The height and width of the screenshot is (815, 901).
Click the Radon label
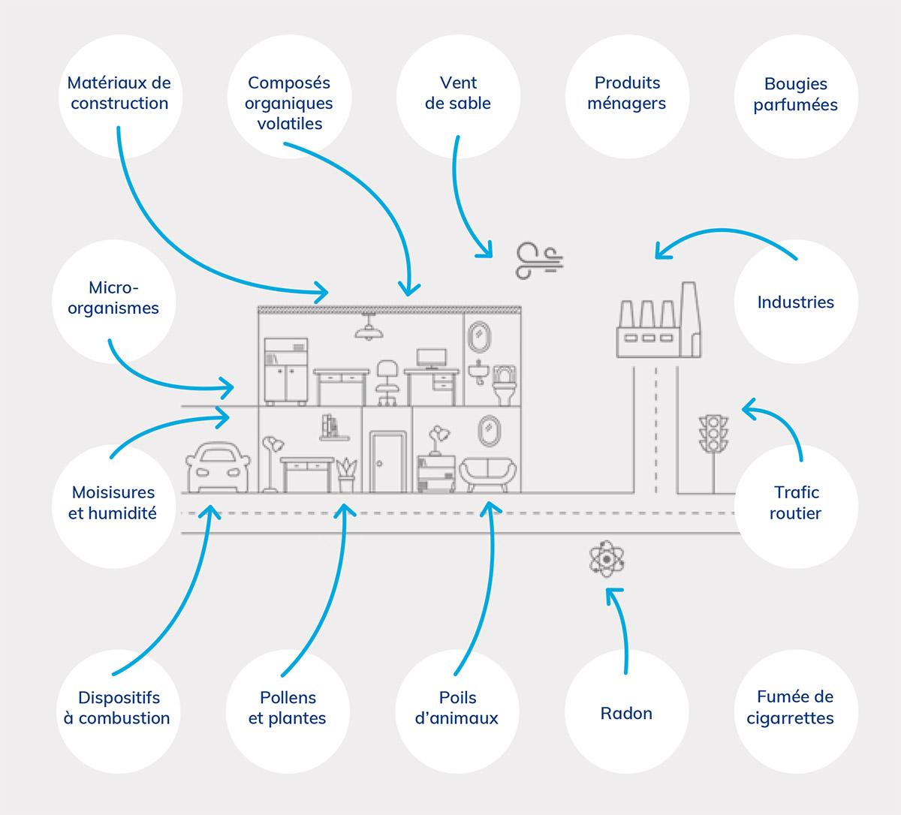click(626, 713)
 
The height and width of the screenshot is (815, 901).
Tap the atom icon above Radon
click(607, 559)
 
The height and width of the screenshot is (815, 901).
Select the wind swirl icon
click(538, 260)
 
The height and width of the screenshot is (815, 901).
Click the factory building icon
click(658, 323)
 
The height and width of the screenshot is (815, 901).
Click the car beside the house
click(218, 468)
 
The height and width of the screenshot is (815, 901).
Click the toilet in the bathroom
click(505, 384)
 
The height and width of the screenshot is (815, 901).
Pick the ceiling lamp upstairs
click(368, 328)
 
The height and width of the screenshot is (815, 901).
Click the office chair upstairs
click(387, 381)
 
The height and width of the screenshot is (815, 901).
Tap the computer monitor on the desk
click(432, 358)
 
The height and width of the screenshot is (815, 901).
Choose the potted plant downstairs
click(346, 474)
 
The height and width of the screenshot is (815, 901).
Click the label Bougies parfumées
click(795, 95)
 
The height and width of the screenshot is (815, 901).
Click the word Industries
click(795, 302)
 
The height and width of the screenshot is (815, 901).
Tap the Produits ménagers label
click(627, 93)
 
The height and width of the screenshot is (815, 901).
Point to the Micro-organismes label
click(113, 298)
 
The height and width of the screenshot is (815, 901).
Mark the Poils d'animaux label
click(457, 708)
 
